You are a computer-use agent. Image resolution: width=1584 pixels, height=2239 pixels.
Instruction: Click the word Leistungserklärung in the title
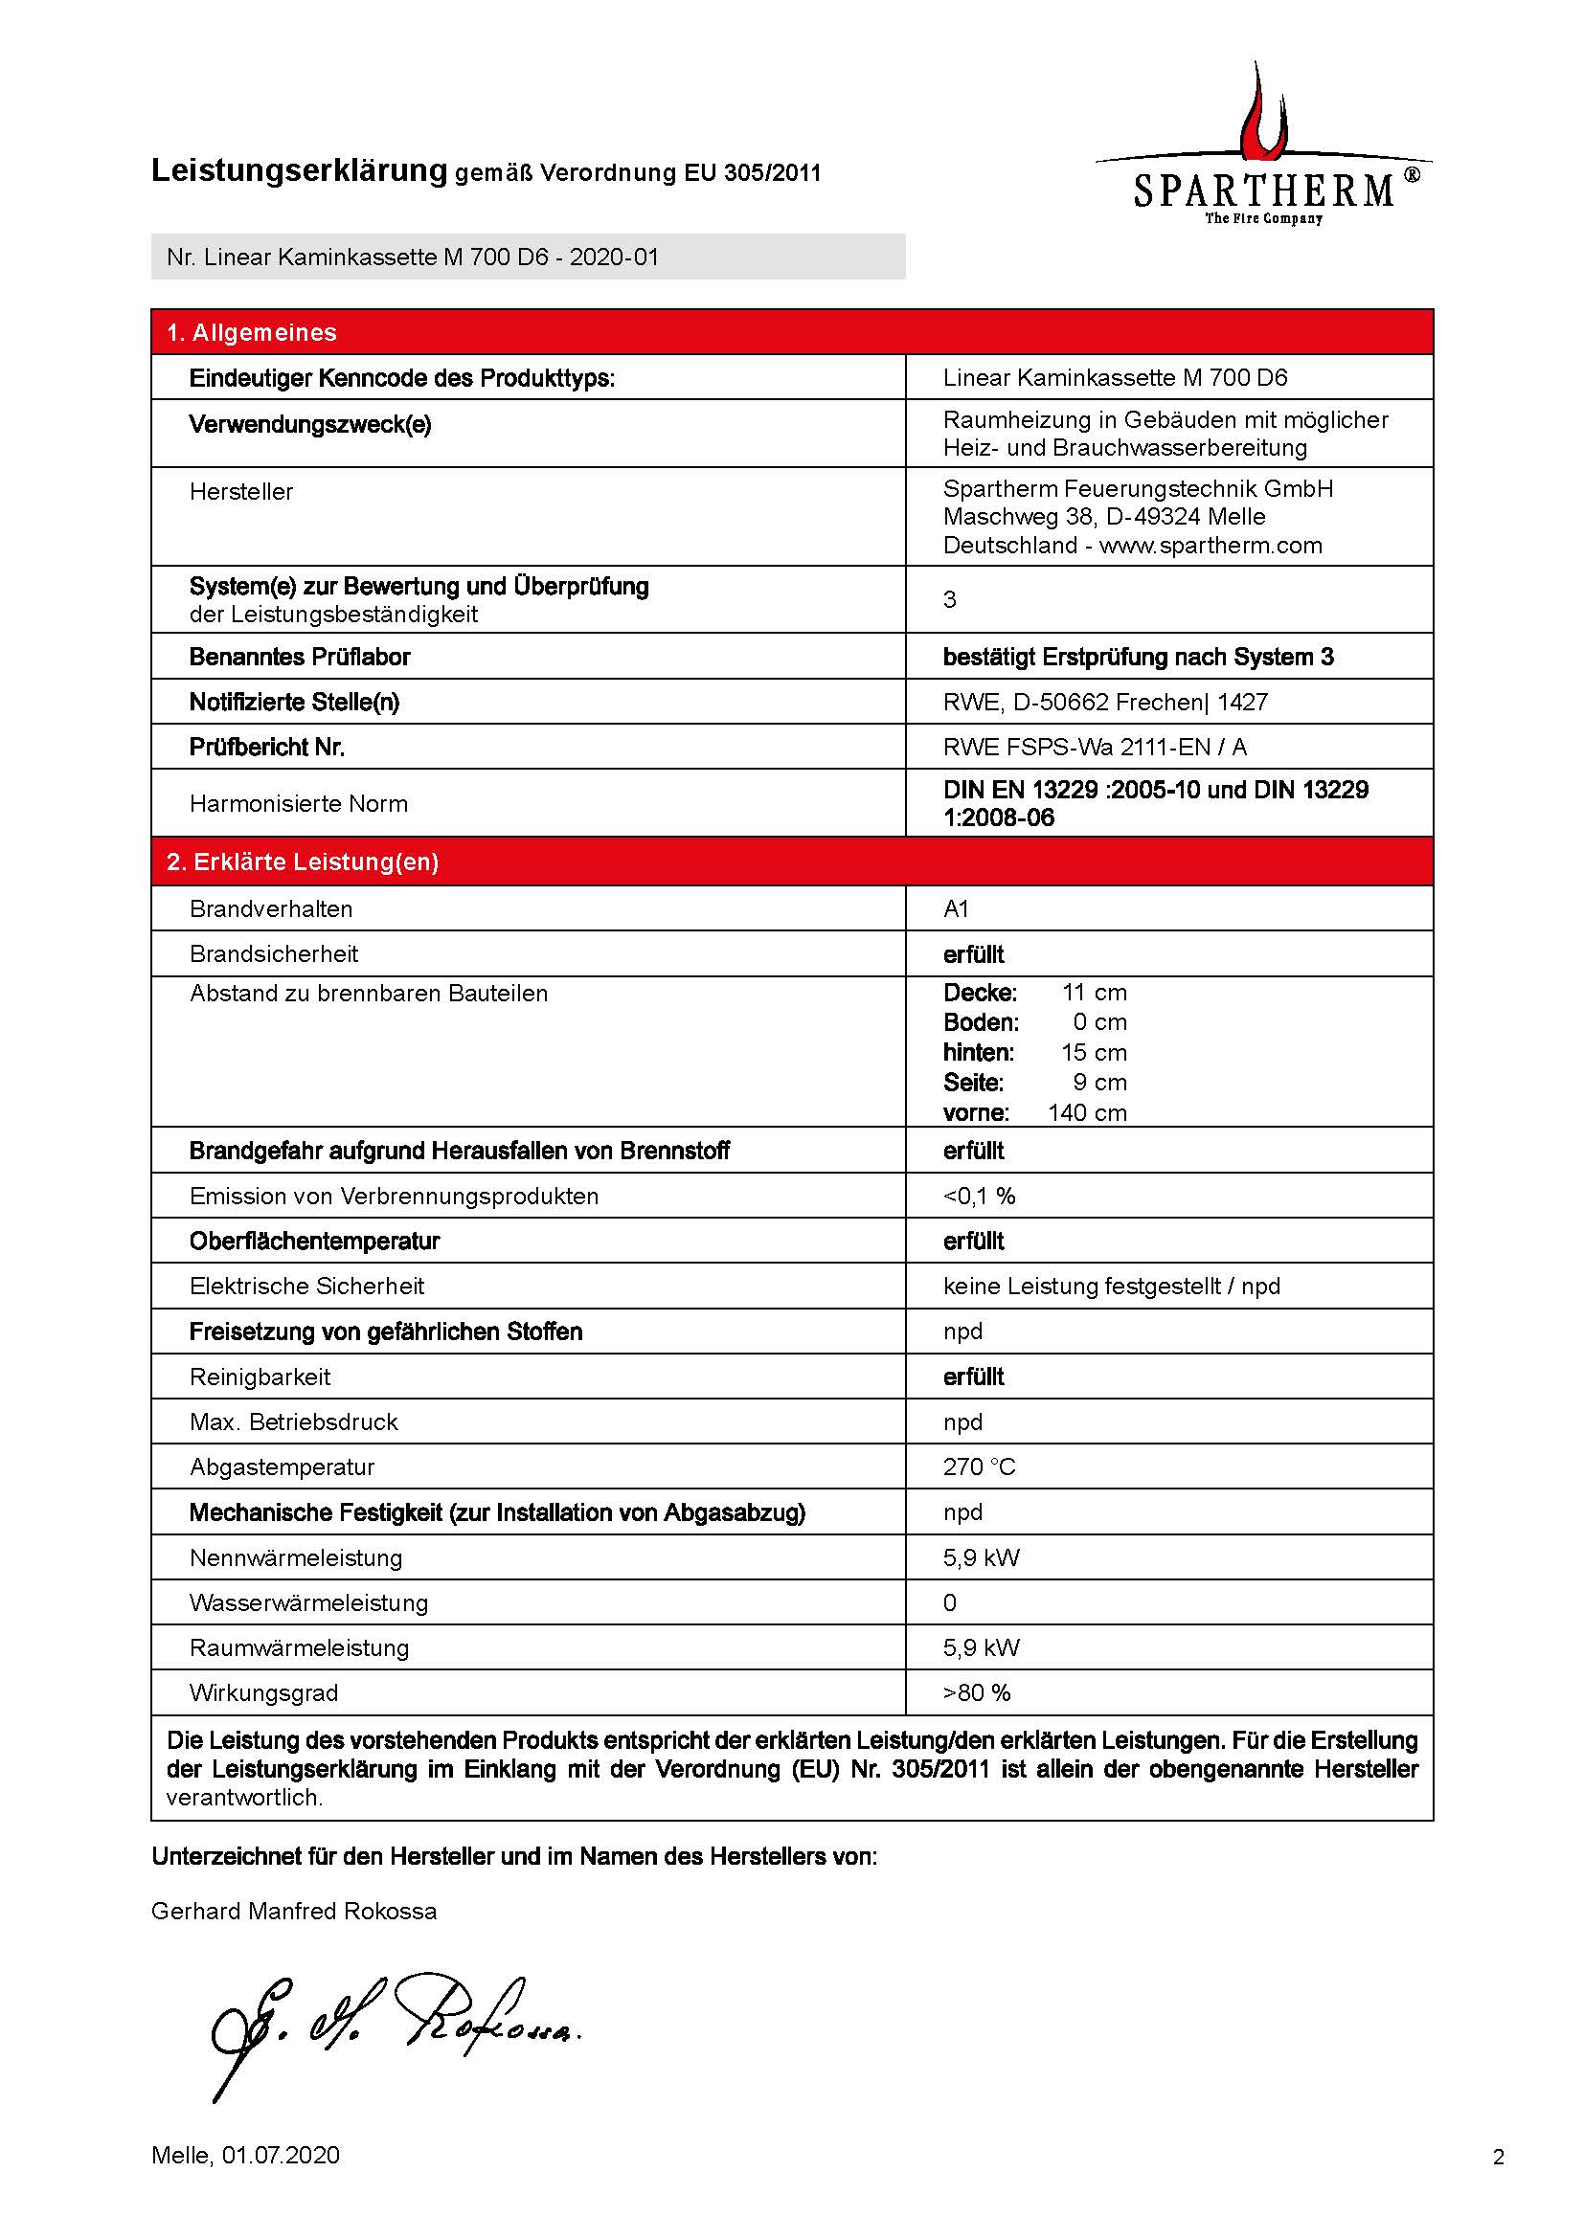[299, 170]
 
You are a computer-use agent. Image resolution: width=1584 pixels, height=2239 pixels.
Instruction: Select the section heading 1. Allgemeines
[251, 332]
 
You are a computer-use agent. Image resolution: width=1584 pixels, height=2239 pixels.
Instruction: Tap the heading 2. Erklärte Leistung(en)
[303, 862]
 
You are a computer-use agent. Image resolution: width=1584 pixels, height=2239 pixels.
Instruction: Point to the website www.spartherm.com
[1211, 545]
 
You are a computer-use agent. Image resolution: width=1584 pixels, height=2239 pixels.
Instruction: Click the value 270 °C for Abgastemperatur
[979, 1467]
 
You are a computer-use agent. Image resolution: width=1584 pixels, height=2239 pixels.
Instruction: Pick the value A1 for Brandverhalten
[956, 908]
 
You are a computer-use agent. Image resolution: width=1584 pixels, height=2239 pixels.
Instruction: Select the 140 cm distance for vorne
[1087, 1112]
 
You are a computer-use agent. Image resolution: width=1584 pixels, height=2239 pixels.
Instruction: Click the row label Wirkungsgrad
[263, 1693]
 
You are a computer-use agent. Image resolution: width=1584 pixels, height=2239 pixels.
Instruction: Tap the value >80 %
[976, 1693]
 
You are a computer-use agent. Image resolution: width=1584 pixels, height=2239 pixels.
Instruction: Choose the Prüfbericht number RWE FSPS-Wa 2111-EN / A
[1095, 747]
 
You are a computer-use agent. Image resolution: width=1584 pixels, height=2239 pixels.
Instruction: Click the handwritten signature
[390, 2023]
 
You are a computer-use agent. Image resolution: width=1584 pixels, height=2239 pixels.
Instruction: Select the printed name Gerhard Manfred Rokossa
[294, 1912]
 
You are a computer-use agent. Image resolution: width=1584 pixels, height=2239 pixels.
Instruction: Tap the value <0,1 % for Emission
[979, 1196]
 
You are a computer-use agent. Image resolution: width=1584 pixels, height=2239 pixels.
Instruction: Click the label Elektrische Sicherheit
[306, 1287]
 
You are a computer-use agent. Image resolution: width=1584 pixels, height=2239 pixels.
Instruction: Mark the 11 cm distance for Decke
[1094, 993]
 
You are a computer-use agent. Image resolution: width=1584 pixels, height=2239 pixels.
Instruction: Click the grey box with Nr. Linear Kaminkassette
[528, 257]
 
